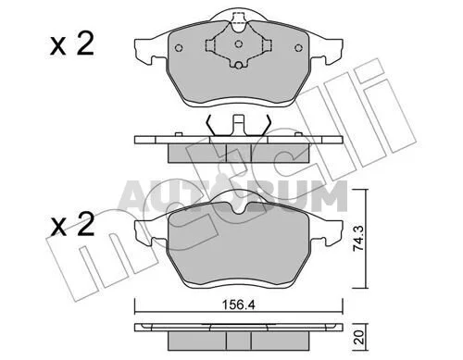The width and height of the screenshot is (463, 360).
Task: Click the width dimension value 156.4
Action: tap(239, 305)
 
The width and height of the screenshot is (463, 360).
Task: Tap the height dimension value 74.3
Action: tap(358, 239)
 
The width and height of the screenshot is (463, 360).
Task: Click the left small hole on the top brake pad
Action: tap(179, 48)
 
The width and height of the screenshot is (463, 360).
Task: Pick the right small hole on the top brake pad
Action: tap(298, 48)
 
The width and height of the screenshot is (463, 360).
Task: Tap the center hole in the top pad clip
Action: tap(238, 43)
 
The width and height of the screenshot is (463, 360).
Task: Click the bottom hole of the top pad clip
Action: tap(238, 65)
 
